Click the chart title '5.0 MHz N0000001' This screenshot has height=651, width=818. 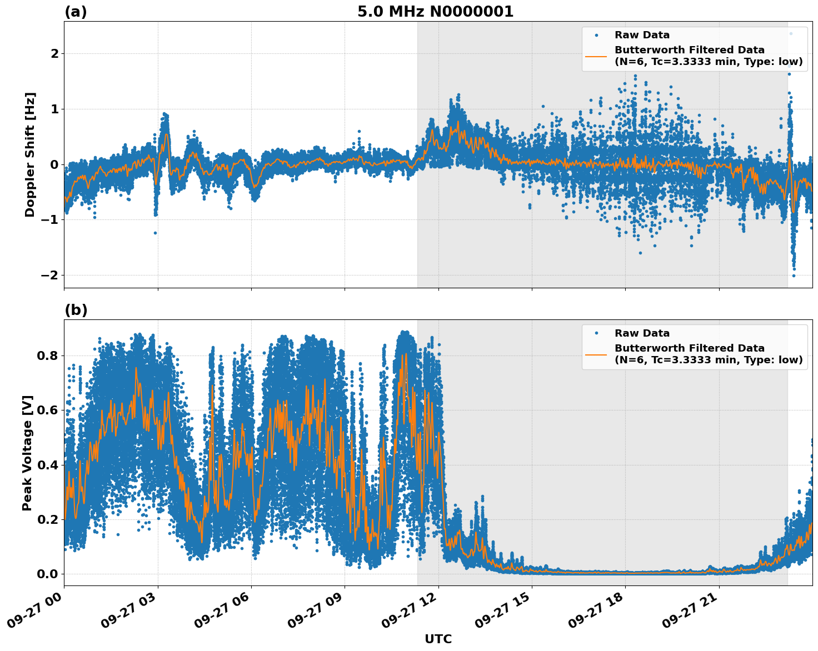click(435, 12)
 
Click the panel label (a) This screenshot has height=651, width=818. click(76, 12)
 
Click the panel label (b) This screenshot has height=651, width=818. click(76, 310)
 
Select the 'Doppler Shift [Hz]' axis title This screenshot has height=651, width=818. click(30, 154)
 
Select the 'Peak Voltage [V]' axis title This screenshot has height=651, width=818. click(28, 453)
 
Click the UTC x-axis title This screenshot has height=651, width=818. click(438, 639)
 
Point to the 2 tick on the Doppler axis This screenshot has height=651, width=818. click(54, 54)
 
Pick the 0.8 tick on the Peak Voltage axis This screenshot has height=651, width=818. click(47, 355)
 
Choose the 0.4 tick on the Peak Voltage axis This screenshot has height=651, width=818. click(47, 465)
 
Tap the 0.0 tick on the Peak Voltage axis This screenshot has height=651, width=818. click(47, 574)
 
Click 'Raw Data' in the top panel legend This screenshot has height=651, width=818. click(642, 35)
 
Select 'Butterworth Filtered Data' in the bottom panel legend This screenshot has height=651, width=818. click(689, 348)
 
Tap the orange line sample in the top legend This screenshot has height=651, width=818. click(596, 56)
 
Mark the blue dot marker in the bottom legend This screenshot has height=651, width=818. click(596, 333)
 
